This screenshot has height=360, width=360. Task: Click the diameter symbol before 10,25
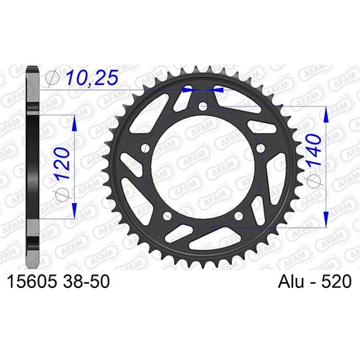point(52,76)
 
